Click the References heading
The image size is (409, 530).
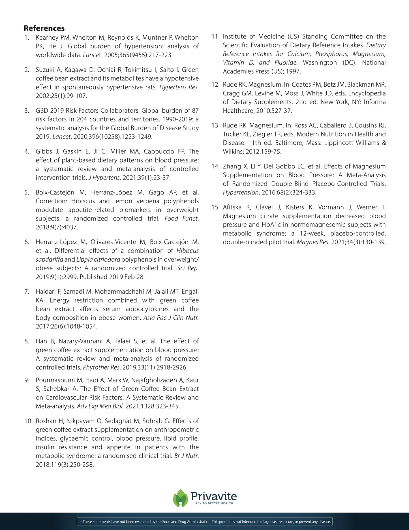44,28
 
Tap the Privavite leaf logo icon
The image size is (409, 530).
180,498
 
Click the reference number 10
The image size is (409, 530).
28,421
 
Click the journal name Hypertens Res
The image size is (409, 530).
179,87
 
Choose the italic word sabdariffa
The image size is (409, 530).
49,260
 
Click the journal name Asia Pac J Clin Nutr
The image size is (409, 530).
171,318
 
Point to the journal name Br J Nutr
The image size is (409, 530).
187,456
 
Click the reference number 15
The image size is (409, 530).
215,207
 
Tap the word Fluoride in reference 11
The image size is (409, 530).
286,63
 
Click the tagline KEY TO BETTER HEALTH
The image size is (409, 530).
214,503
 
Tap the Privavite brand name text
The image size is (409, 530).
214,496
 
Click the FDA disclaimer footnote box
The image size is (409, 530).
205,522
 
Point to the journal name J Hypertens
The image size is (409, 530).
104,178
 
